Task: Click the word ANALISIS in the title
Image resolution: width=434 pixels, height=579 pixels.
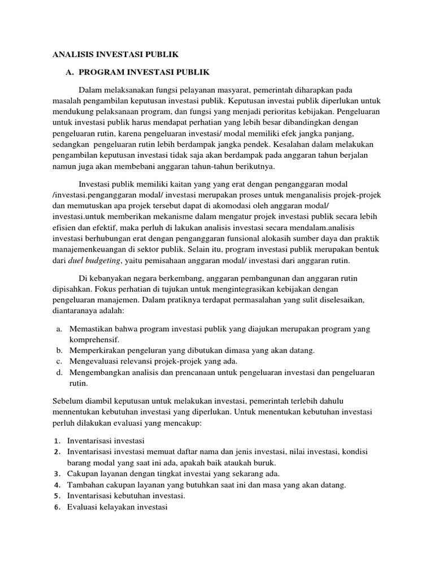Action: click(73, 55)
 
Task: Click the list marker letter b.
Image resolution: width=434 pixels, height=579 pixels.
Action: click(59, 351)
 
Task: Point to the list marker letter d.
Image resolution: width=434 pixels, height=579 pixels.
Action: click(59, 373)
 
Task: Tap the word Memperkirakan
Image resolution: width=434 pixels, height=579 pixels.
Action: click(96, 351)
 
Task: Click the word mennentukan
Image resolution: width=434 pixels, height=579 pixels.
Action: click(75, 412)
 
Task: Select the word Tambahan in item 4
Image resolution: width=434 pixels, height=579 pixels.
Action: click(85, 485)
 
